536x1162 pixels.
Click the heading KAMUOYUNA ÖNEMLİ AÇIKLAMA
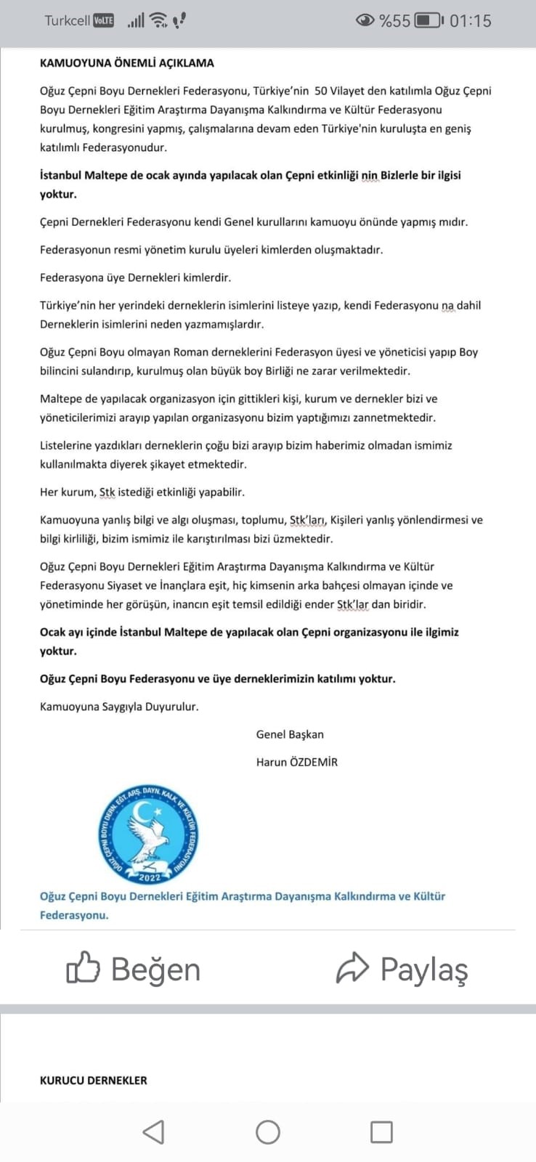coord(127,63)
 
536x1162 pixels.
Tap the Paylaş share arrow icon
coord(353,968)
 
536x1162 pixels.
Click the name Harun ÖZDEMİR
coord(296,762)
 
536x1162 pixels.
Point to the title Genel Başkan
coord(290,734)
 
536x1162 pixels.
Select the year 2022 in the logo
coord(149,877)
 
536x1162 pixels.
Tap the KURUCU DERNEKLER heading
coord(93,1081)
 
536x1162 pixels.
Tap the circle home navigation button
coord(267,1131)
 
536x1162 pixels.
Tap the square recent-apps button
coord(381,1131)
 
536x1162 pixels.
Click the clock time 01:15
coord(470,21)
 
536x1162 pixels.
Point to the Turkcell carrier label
coord(67,21)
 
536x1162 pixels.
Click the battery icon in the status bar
coord(428,21)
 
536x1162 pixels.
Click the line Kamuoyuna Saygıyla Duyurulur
coord(119,707)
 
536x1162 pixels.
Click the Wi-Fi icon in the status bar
coord(158,21)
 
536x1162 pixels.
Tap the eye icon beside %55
coord(365,21)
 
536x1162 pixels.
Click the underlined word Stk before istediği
coord(107,492)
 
